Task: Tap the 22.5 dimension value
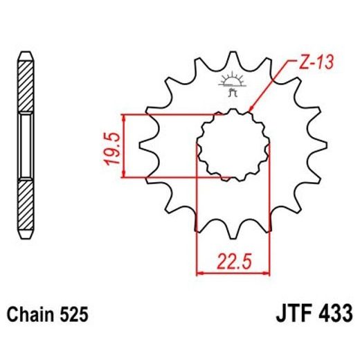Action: coord(233,262)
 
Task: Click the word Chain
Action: coord(33,316)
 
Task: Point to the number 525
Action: coord(74,316)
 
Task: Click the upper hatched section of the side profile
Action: coord(25,87)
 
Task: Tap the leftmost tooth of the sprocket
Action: coord(145,145)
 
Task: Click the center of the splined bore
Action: coord(233,145)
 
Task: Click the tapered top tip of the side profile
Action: coord(25,57)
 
